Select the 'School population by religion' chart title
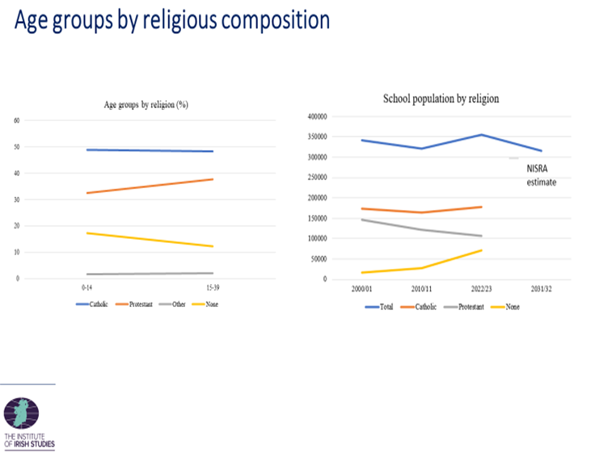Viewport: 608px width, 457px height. (x=441, y=99)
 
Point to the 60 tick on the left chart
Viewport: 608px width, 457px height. (x=18, y=120)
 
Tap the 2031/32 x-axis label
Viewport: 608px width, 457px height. (x=542, y=288)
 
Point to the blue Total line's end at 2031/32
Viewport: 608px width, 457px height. (x=542, y=151)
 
